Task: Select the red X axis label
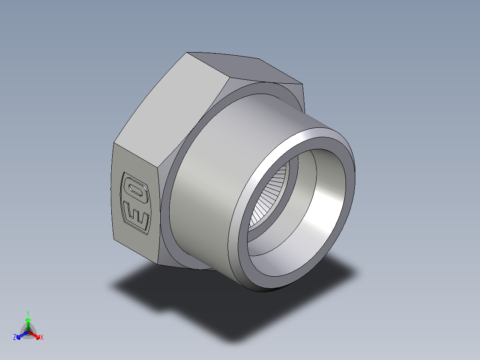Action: pyautogui.click(x=41, y=338)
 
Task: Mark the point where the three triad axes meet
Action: pyautogui.click(x=28, y=332)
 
